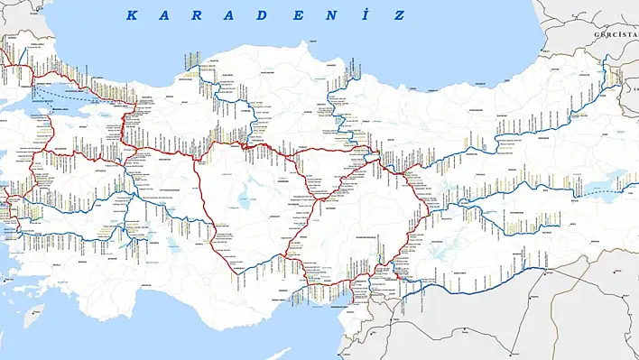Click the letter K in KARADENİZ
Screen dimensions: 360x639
(x=131, y=15)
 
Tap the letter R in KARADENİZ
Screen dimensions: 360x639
(x=199, y=15)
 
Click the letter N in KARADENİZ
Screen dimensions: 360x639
(x=333, y=15)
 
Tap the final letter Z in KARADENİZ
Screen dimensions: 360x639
(x=398, y=15)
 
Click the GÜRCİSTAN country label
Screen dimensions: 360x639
(x=615, y=34)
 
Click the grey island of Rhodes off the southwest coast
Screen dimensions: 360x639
(x=33, y=315)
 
